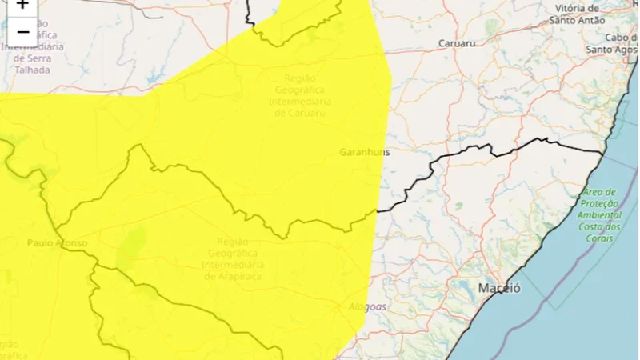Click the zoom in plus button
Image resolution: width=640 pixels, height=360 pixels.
click(22, 5)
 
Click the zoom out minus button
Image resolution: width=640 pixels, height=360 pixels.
click(22, 32)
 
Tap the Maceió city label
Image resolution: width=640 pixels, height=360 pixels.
click(499, 288)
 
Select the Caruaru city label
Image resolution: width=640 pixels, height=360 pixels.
click(458, 43)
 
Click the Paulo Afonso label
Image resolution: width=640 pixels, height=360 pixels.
click(57, 242)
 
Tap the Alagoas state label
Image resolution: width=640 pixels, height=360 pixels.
click(368, 306)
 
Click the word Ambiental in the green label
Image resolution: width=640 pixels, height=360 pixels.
click(602, 215)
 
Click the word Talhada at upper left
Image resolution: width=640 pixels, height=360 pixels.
click(32, 70)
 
